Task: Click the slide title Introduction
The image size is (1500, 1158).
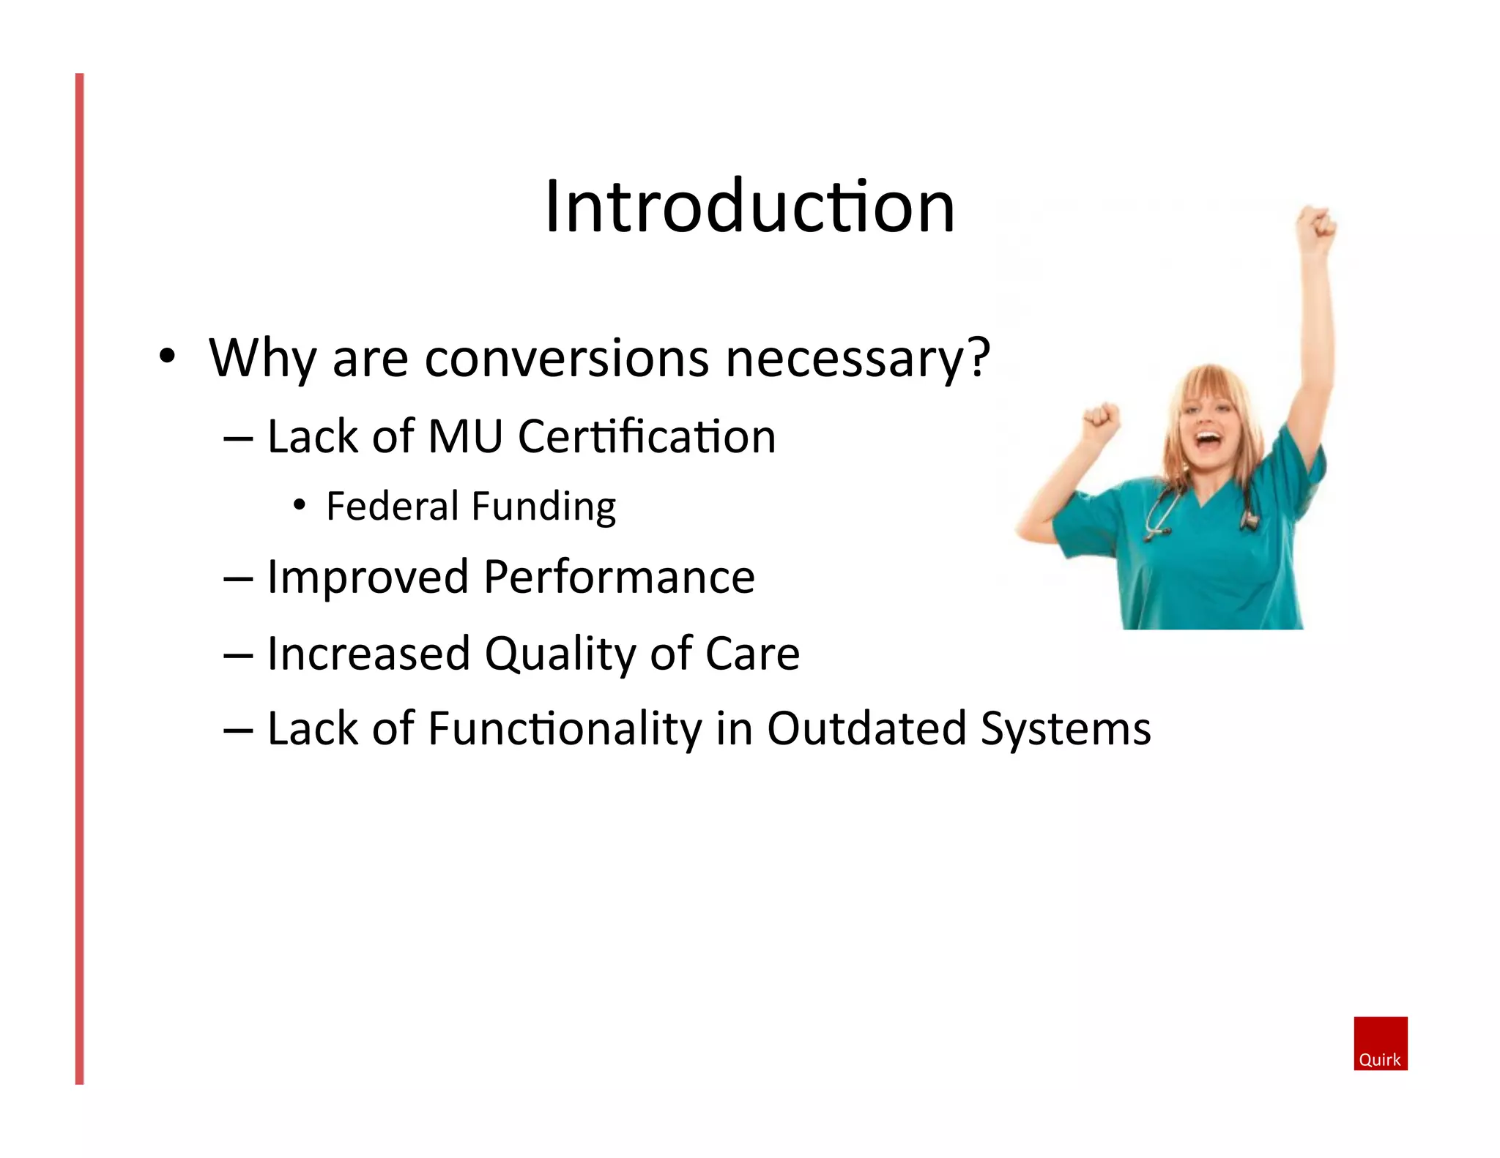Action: pyautogui.click(x=749, y=206)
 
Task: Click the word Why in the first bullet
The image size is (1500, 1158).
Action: pyautogui.click(x=262, y=359)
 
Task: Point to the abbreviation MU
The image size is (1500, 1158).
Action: pyautogui.click(x=465, y=437)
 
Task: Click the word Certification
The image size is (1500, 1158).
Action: pyautogui.click(x=646, y=437)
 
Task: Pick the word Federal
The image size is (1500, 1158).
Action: pyautogui.click(x=392, y=506)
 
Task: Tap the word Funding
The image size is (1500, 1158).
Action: pyautogui.click(x=543, y=507)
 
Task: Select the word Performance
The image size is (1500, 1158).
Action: pyautogui.click(x=619, y=578)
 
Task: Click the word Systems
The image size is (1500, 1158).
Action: pyautogui.click(x=1066, y=730)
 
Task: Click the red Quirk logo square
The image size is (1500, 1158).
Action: pyautogui.click(x=1380, y=1043)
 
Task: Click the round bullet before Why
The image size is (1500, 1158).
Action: pyautogui.click(x=168, y=356)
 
